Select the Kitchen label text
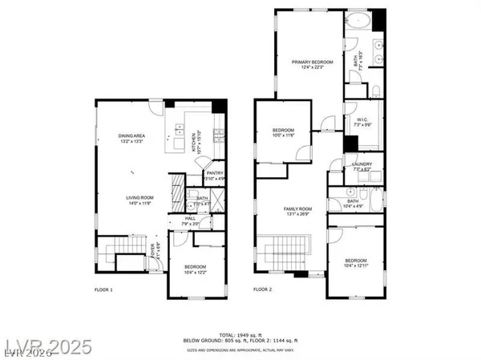pyautogui.click(x=193, y=141)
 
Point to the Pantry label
pyautogui.click(x=214, y=175)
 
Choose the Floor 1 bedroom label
pyautogui.click(x=195, y=269)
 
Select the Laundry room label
pyautogui.click(x=362, y=167)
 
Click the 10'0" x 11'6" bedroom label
pyautogui.click(x=284, y=133)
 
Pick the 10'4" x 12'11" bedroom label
pyautogui.click(x=356, y=263)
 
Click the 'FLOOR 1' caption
pyautogui.click(x=103, y=289)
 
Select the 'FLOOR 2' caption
pyautogui.click(x=264, y=289)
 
